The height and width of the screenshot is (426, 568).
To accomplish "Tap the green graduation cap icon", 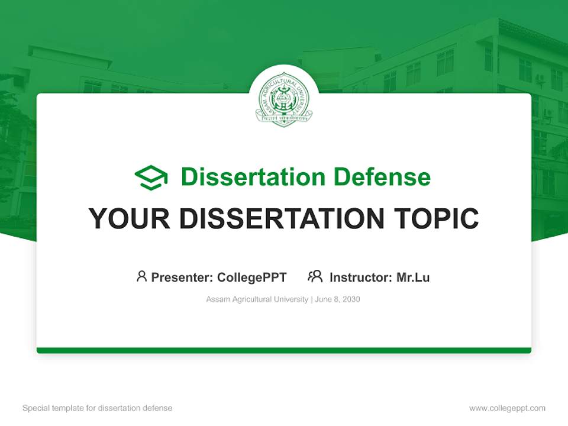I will coord(151,177).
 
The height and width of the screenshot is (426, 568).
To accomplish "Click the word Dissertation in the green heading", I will coord(253,177).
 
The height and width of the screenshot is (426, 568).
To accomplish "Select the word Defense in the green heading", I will coord(382,177).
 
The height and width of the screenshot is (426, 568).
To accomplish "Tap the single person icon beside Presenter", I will coord(141,276).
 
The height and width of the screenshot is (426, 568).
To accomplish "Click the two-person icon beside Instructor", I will coord(315,276).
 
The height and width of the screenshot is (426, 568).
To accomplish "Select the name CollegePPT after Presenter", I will coord(252,277).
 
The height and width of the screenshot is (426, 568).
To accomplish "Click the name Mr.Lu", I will coord(413,277).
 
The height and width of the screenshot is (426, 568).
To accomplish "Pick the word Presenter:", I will coord(183,277).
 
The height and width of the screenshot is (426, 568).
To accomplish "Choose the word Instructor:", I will coord(361,277).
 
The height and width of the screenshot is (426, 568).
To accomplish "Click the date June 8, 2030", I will coord(337,299).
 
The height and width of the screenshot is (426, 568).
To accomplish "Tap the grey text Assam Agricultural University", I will coord(257,299).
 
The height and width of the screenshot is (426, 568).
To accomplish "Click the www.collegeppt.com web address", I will coord(507,408).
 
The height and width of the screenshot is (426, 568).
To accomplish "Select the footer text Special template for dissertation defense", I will coord(97,408).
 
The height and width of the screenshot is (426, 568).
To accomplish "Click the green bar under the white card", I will coord(284,350).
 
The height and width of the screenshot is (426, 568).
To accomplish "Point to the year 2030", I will coord(351,299).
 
